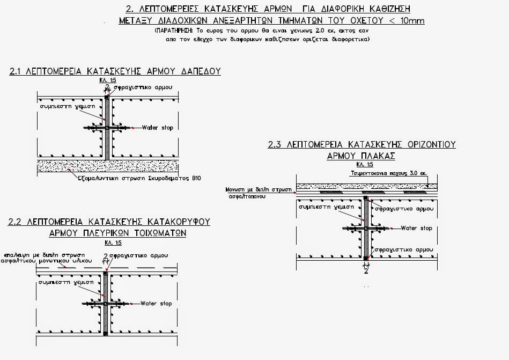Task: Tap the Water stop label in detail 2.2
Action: pyautogui.click(x=156, y=304)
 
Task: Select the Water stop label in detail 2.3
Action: pyautogui.click(x=416, y=228)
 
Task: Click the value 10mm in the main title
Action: pyautogui.click(x=409, y=20)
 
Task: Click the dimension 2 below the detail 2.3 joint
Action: pyautogui.click(x=366, y=271)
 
